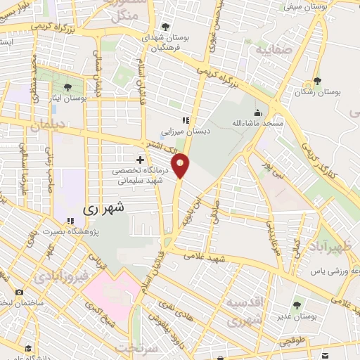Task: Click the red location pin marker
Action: [181, 165]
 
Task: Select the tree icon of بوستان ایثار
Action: [67, 88]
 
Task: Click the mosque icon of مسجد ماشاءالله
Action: [258, 112]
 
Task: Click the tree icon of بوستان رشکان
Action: [317, 81]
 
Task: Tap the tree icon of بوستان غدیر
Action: [297, 304]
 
